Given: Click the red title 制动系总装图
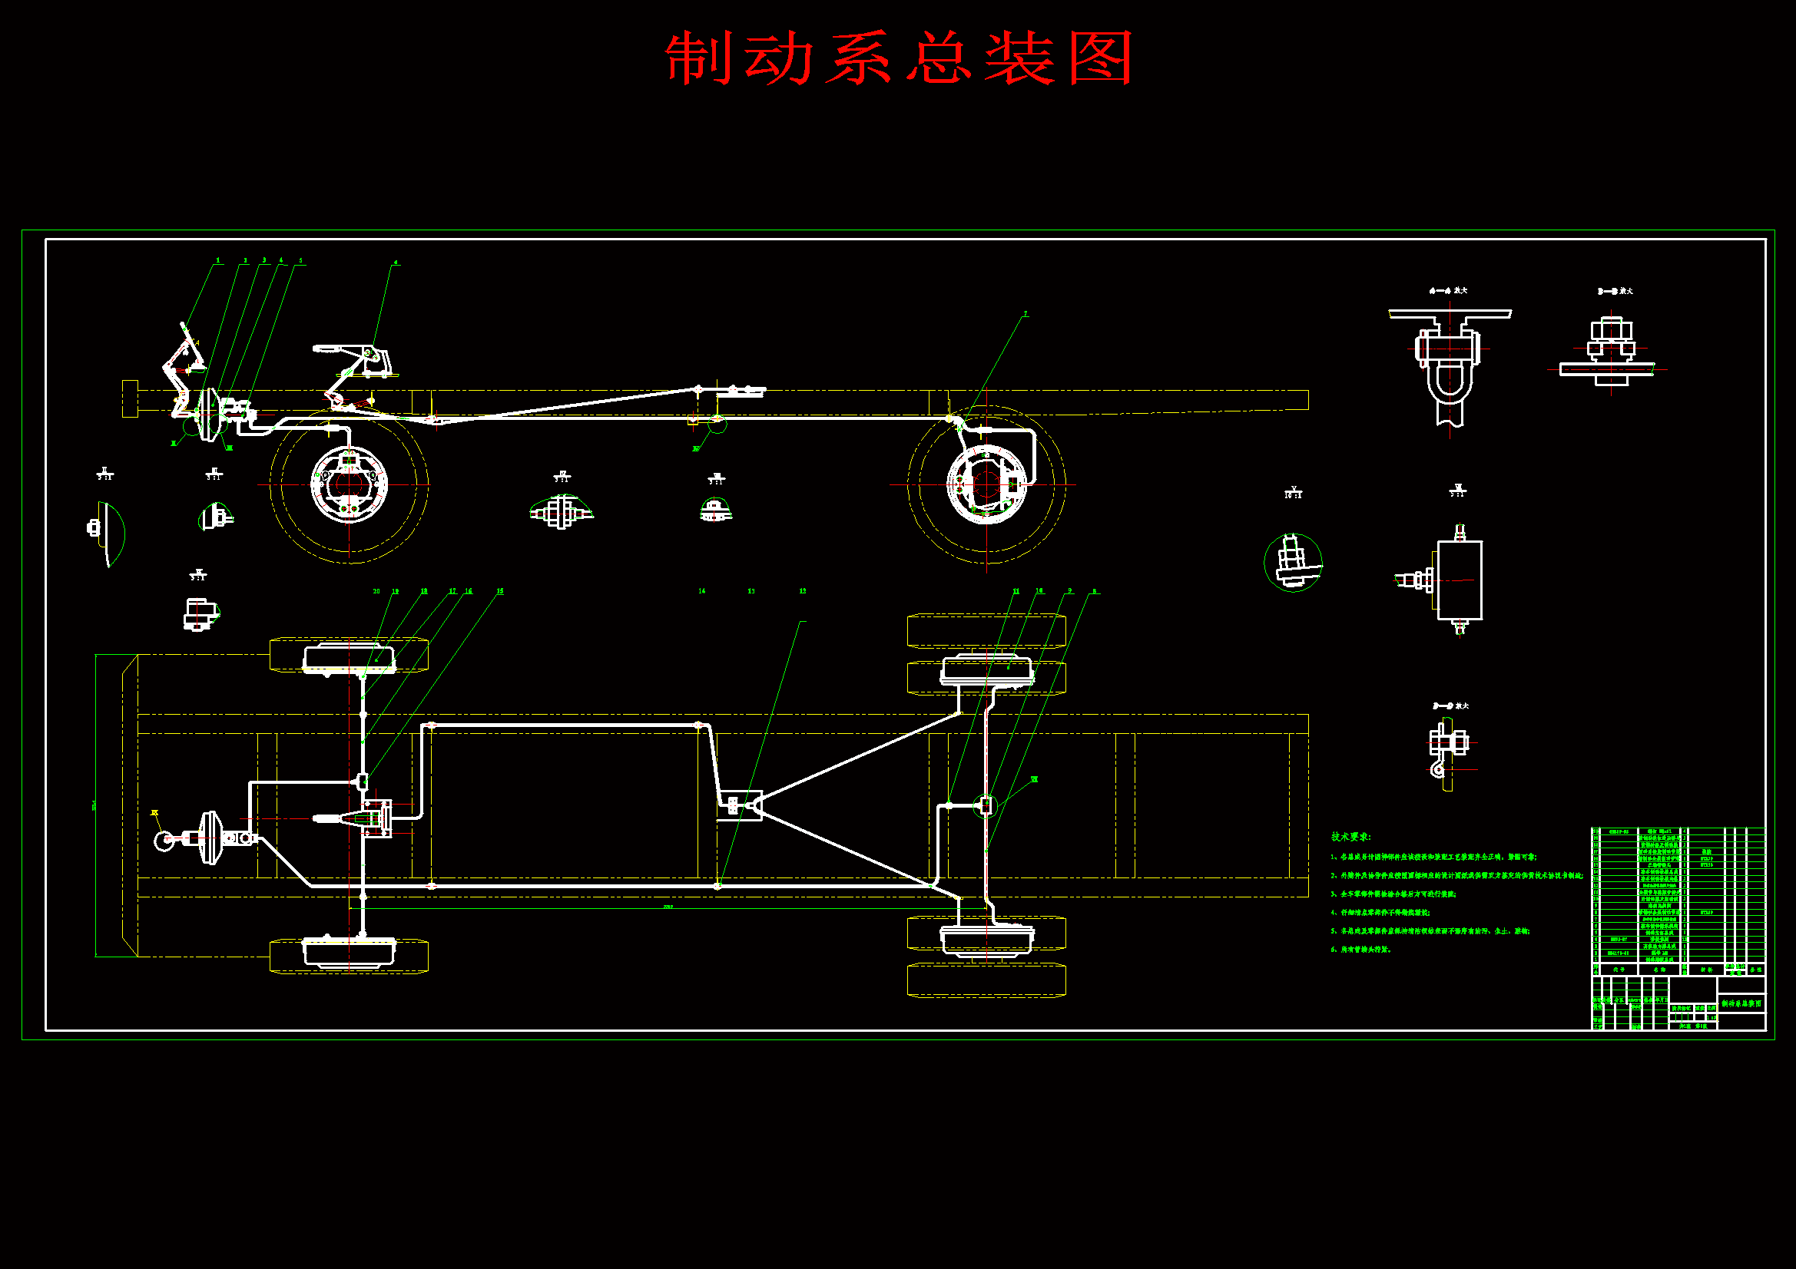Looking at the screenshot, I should click(x=899, y=58).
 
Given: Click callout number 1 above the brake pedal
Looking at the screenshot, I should click(x=218, y=261).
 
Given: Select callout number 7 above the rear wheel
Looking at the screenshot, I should click(x=1026, y=314).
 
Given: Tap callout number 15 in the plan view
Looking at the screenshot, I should click(x=500, y=591).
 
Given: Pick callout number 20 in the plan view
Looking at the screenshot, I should click(x=376, y=591).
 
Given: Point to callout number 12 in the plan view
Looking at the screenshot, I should click(x=803, y=591).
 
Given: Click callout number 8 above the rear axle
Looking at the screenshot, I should click(x=1094, y=591).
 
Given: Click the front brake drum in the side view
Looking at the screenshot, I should click(x=349, y=484).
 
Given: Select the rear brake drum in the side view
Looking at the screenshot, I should click(x=986, y=484).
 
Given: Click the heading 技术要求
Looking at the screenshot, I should click(x=1351, y=837).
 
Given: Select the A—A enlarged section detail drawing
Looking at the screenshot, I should click(x=1450, y=360).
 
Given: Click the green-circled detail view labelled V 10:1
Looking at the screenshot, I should click(x=1293, y=562).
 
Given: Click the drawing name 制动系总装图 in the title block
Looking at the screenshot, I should click(x=1741, y=1003).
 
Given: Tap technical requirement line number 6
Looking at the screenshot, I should click(x=1361, y=950).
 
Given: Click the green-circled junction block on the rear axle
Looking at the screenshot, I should click(x=986, y=805).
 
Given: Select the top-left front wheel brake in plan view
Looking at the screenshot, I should click(x=349, y=657).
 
